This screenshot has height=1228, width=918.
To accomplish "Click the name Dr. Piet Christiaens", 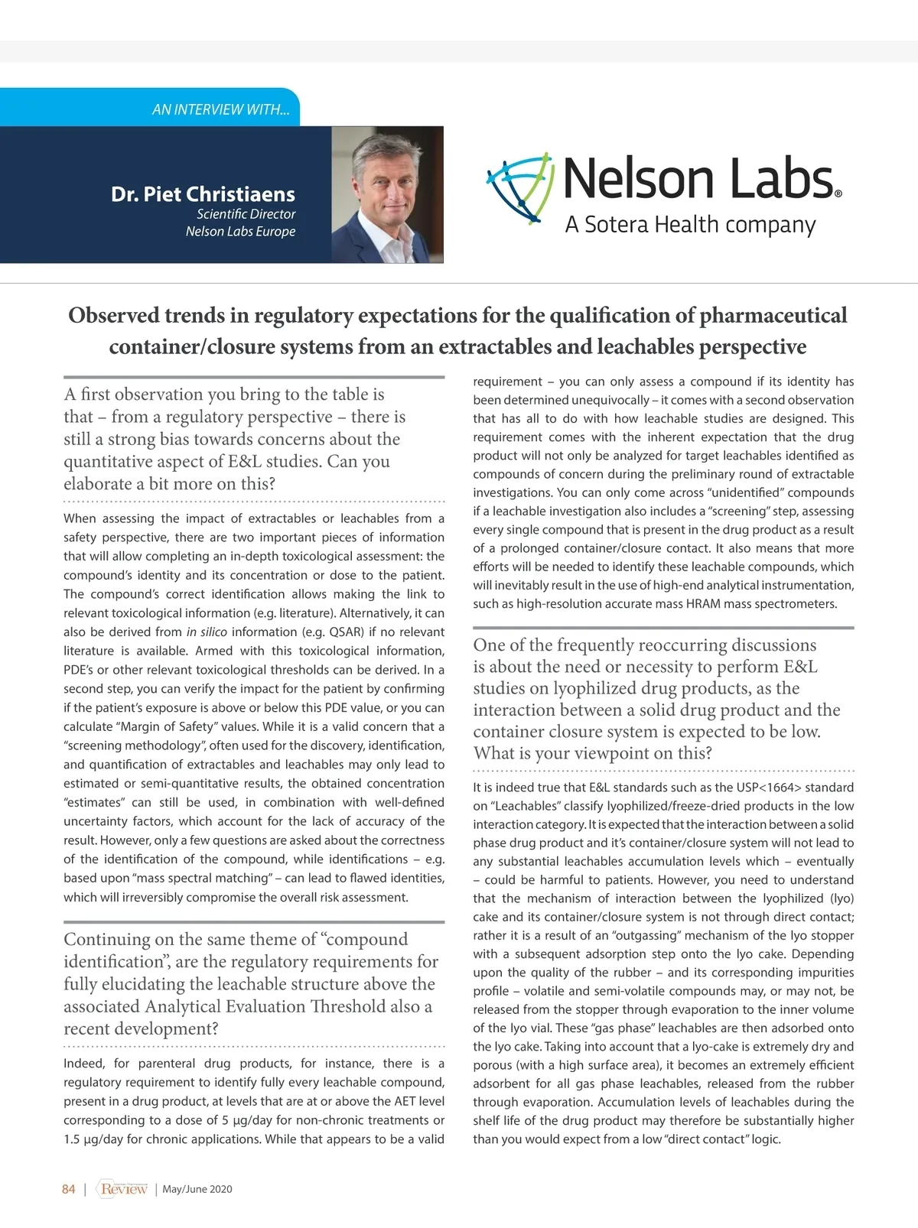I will coord(203,194).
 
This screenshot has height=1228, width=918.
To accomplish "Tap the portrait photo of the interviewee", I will coord(387,194).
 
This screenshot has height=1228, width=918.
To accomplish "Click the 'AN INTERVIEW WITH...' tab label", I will coord(220,109).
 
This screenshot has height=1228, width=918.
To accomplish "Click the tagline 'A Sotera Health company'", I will coord(690,225).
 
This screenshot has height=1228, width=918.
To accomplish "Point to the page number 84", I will coord(69,1189).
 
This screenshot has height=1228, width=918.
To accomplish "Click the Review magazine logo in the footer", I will coord(123,1189).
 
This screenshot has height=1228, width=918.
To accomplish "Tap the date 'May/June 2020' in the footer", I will coord(197,1189).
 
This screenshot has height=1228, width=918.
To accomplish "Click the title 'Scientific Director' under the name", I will coord(246,214).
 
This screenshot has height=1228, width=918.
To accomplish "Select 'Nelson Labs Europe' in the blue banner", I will coord(240,232).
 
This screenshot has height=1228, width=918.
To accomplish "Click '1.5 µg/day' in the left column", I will coord(90,1139).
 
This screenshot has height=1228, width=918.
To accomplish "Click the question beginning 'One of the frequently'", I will coord(645,699).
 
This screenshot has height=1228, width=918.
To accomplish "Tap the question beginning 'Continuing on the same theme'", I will coord(249,983).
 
